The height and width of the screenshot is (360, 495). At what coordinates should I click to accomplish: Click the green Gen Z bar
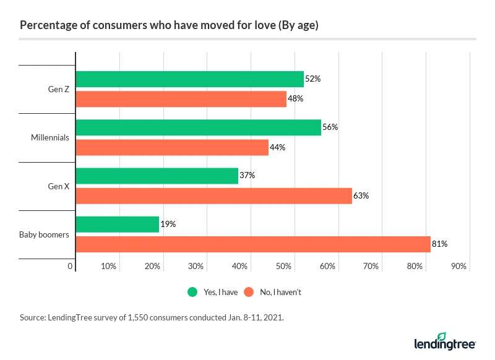click(189, 79)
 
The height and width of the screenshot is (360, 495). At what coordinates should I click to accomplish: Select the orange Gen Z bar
click(181, 99)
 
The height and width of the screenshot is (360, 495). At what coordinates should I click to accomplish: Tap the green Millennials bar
click(198, 127)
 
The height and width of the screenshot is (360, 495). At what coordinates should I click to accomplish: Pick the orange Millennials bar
click(172, 147)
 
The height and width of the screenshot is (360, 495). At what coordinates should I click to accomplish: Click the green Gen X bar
click(157, 176)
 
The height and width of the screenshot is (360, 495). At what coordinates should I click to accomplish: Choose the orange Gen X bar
click(213, 195)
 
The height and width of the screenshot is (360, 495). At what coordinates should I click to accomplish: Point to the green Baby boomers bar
click(117, 225)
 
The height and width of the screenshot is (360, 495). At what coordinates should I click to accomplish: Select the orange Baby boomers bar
click(252, 244)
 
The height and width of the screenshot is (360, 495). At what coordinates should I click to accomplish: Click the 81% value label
click(439, 244)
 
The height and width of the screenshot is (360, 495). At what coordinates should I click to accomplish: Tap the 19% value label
click(168, 225)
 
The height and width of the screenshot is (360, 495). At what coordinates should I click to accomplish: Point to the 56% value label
click(330, 127)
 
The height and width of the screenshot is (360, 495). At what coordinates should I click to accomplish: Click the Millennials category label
click(49, 137)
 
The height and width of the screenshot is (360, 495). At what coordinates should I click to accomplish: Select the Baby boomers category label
click(45, 234)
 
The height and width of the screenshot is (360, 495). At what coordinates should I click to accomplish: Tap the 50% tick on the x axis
click(283, 267)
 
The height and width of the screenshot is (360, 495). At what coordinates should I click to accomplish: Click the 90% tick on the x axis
click(458, 267)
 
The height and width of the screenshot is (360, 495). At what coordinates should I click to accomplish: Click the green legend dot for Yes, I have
click(192, 292)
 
